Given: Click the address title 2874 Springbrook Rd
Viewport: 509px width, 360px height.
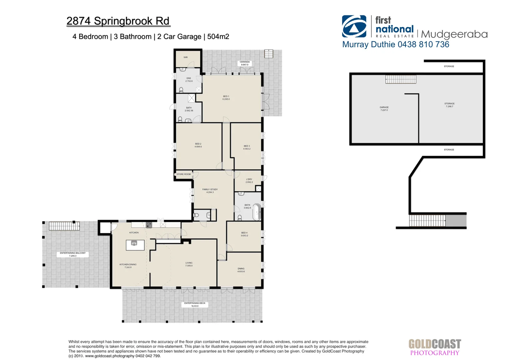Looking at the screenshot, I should click(118, 21).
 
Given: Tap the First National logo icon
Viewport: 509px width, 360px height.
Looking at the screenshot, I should click(354, 26).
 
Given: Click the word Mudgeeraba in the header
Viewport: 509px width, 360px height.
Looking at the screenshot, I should click(454, 34).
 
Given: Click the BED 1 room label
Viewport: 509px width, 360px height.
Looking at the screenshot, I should click(226, 98).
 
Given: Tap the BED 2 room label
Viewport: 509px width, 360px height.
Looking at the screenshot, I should click(198, 145).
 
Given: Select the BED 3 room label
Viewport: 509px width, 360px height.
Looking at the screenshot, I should click(247, 147).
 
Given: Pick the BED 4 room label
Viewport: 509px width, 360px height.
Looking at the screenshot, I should click(244, 234).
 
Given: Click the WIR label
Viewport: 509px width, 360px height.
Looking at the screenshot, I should click(186, 57).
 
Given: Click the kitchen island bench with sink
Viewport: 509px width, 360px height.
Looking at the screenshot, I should click(135, 245).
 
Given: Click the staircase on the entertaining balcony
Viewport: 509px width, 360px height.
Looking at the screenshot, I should click(64, 226).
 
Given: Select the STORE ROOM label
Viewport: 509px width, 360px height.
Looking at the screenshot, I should click(184, 174).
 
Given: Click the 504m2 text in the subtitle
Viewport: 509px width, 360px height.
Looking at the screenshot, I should click(218, 37).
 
